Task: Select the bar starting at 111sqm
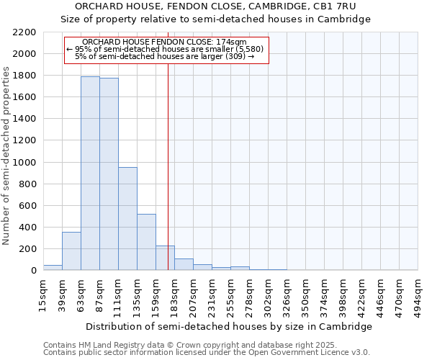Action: point(127,218)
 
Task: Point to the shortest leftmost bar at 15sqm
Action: point(53,267)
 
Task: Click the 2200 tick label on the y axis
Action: point(24,32)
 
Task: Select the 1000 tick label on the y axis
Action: point(24,163)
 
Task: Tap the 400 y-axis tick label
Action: point(27,228)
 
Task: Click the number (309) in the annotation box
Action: point(235,56)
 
